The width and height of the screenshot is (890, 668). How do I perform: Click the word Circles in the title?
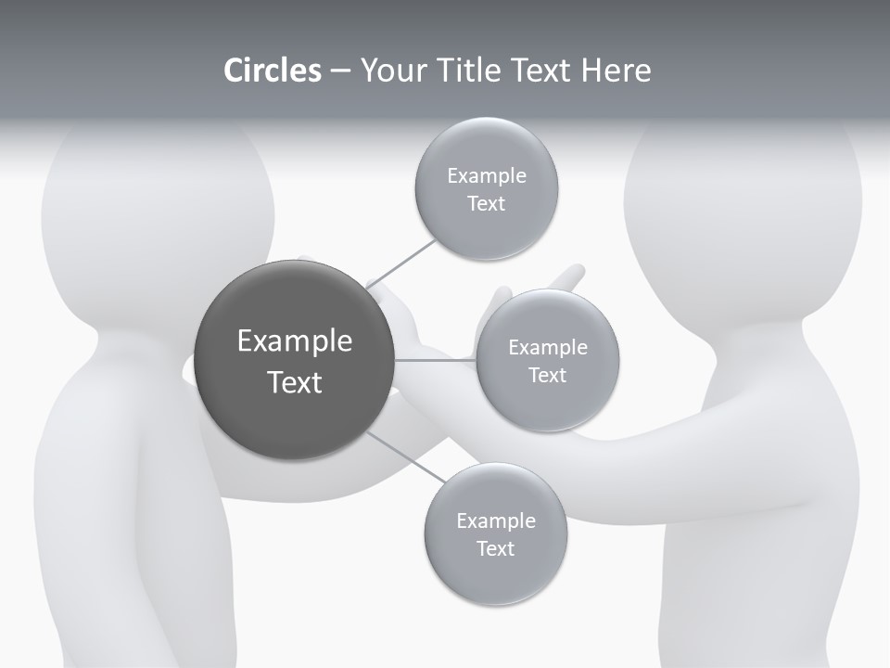point(272,71)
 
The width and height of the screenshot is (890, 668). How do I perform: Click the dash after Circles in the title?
point(340,71)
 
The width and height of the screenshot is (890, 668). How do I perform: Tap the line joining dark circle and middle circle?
point(435,360)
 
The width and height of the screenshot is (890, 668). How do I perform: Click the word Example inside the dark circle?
point(295,341)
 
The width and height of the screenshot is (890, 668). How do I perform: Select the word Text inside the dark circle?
point(295,382)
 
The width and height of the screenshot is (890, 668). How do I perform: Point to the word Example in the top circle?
point(487,176)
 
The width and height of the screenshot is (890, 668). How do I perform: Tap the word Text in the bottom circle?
point(496,549)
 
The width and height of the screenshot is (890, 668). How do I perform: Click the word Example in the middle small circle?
point(547,348)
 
